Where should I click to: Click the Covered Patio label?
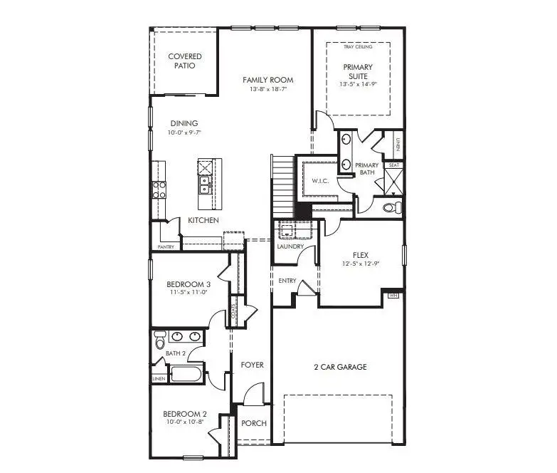coord(185,61)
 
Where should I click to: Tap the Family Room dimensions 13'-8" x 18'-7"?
coord(267,90)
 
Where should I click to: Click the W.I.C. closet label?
coord(321,181)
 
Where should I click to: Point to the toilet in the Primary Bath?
coord(389,208)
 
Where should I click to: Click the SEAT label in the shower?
coord(393,165)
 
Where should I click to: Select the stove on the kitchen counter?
coord(158,189)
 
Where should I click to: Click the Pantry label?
coord(165,247)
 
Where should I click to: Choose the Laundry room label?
coord(290,246)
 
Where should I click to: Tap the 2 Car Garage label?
coord(340,367)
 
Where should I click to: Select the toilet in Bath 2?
coord(160,341)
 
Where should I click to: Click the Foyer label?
coord(252,365)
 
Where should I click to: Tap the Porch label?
coord(254,423)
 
